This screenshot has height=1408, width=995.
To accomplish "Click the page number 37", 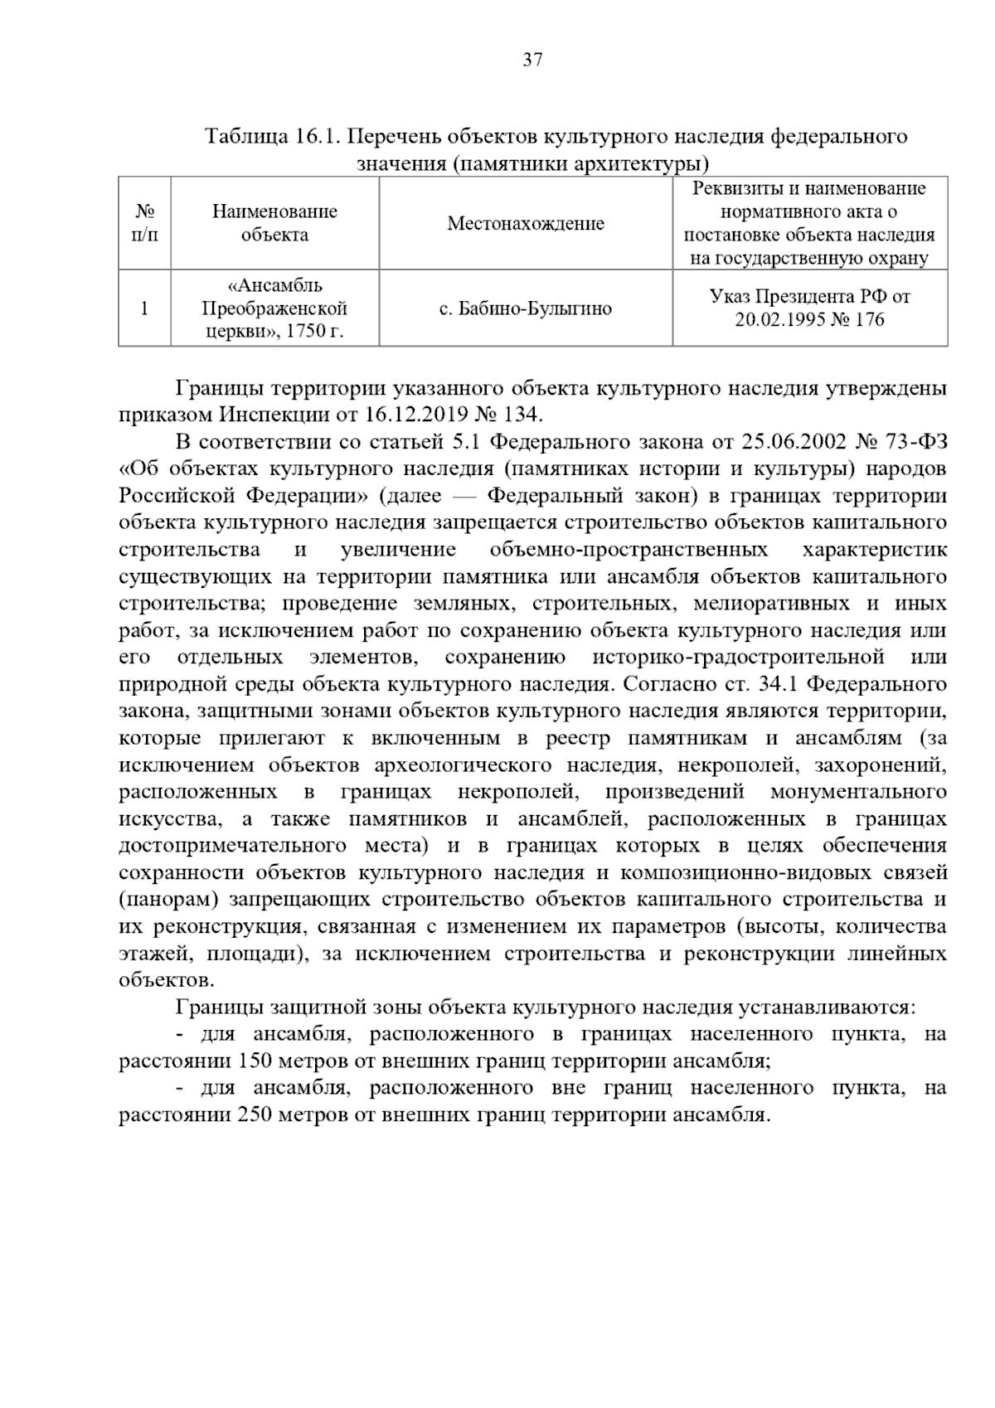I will pyautogui.click(x=532, y=60).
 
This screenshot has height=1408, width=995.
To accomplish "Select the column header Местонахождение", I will pyautogui.click(x=526, y=223).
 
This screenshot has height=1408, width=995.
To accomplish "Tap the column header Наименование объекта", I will pyautogui.click(x=274, y=223).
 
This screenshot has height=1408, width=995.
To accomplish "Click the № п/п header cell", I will pyautogui.click(x=144, y=223).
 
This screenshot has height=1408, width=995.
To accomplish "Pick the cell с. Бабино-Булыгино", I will pyautogui.click(x=526, y=309).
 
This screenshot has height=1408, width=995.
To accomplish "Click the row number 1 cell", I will pyautogui.click(x=144, y=309).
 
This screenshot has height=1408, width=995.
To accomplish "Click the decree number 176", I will pyautogui.click(x=869, y=320).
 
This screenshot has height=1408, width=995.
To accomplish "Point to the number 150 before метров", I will pyautogui.click(x=252, y=1061).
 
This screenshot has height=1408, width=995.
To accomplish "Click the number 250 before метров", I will pyautogui.click(x=252, y=1115).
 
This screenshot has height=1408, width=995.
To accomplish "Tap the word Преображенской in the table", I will pyautogui.click(x=274, y=309).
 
